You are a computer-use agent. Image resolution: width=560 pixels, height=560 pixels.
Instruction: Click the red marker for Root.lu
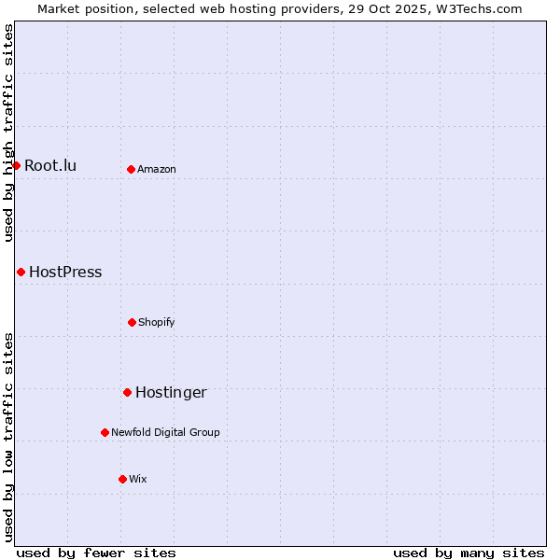pos(16,165)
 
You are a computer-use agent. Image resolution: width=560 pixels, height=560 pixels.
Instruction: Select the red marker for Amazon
pos(131,169)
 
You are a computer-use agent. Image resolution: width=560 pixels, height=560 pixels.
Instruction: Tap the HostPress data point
pos(21,272)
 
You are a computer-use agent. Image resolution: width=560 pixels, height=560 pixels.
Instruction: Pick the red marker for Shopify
pos(132,322)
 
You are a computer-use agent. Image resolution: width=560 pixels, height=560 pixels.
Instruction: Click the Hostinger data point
pos(127,392)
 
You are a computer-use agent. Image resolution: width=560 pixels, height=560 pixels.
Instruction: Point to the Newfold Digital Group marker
pos(105,432)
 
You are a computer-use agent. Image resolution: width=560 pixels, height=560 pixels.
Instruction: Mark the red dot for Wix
pos(122,479)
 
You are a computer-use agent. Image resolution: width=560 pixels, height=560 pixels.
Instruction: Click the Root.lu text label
pos(50,166)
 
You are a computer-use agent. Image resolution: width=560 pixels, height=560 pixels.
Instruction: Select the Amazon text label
pos(157,170)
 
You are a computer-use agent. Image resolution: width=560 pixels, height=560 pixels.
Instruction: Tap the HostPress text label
pos(65,273)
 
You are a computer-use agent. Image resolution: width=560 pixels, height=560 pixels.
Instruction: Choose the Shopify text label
pos(157,323)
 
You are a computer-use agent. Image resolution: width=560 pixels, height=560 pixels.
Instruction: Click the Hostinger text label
pos(171,393)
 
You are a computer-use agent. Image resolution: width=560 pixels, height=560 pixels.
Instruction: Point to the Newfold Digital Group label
pos(165,433)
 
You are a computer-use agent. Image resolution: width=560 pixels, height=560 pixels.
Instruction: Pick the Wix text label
pos(138,480)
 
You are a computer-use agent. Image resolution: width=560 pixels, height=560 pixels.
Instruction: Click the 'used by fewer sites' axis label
pos(96,553)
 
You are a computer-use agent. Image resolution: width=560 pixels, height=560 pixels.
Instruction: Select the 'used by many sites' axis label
pos(469,553)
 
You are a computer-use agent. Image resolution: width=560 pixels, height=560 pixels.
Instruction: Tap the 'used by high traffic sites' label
pos(8,133)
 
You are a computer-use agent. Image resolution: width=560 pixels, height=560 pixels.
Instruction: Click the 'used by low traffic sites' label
pos(8,437)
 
